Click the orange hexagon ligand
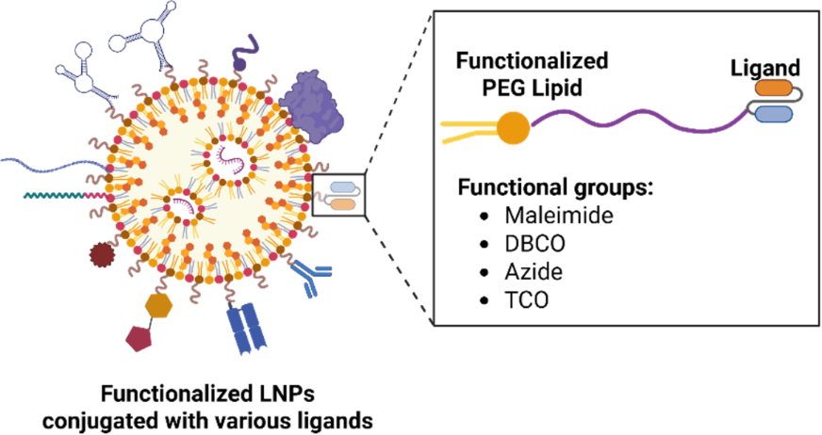click(161, 305)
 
